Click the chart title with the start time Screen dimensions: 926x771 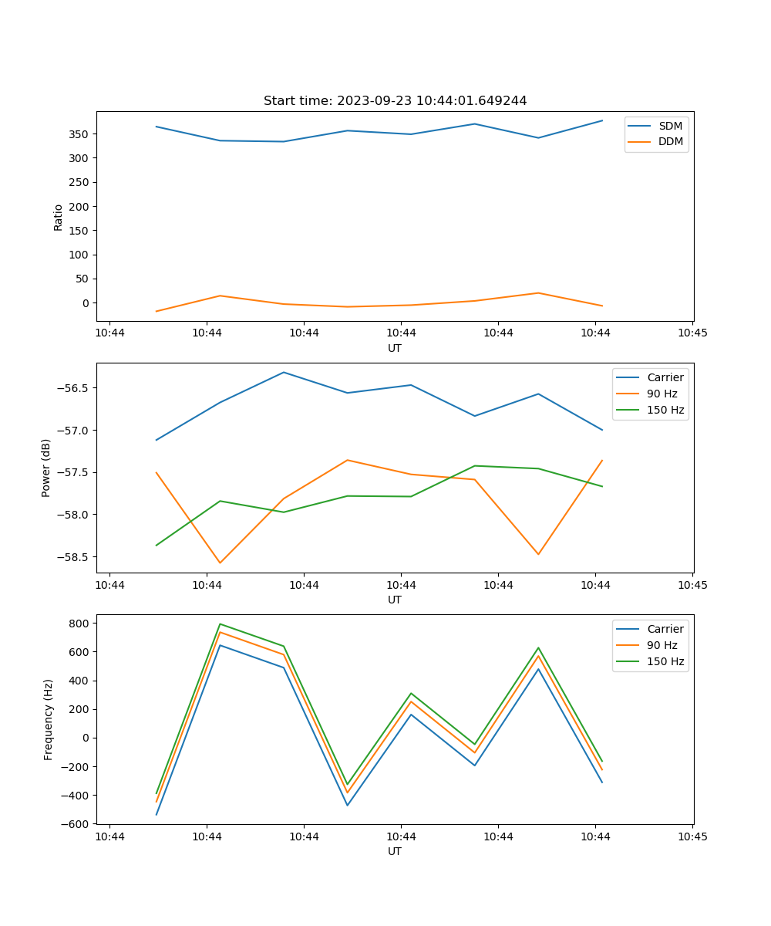(395, 101)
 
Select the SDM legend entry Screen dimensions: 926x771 (669, 126)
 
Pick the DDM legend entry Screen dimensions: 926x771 (669, 141)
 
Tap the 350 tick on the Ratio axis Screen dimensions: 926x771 (80, 134)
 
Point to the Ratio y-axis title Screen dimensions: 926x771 (59, 217)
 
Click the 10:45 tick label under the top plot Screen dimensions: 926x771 (692, 333)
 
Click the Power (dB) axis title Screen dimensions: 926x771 (46, 468)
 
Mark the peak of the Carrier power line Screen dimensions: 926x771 (284, 372)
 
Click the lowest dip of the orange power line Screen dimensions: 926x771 (220, 563)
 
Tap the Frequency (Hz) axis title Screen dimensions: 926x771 (49, 719)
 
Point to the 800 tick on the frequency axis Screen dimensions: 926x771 (80, 623)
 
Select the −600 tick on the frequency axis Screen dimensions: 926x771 (77, 824)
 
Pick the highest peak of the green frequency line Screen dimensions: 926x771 (220, 624)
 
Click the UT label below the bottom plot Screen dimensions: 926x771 (395, 851)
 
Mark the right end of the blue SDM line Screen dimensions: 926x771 (602, 120)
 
